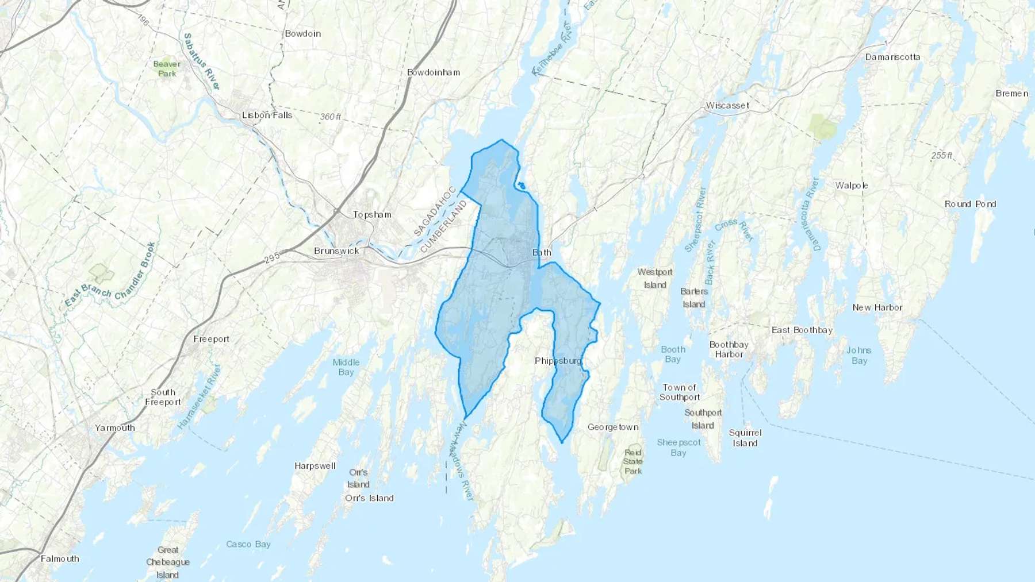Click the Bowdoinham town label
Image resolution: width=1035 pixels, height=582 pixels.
pos(434,72)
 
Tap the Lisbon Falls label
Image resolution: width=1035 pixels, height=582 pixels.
pos(267,115)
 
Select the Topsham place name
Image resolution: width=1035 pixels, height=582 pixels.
pos(372,214)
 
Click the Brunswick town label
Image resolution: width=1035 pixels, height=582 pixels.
pos(336,251)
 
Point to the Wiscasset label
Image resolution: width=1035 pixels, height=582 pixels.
pos(727,106)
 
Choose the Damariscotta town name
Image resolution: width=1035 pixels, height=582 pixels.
pos(892,57)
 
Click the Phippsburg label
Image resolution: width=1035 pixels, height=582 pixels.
pos(558,361)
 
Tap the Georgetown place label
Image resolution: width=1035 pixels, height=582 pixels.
pos(613,427)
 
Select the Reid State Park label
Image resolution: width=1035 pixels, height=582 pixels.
pos(633,461)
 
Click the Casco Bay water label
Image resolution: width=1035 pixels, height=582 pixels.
pos(248,544)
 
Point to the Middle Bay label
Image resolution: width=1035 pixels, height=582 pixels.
pos(346,367)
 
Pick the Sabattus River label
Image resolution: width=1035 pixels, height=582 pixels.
pos(201,61)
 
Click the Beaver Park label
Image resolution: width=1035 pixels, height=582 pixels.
pos(167,69)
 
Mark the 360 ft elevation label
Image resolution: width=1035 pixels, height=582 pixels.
pos(331,117)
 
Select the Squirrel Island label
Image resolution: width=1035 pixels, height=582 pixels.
pos(745,438)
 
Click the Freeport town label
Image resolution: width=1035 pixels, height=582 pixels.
pos(212,339)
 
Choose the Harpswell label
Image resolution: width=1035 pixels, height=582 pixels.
pos(315,466)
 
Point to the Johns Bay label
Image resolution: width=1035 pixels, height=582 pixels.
pos(859,355)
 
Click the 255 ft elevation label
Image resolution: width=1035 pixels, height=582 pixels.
pos(942,156)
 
